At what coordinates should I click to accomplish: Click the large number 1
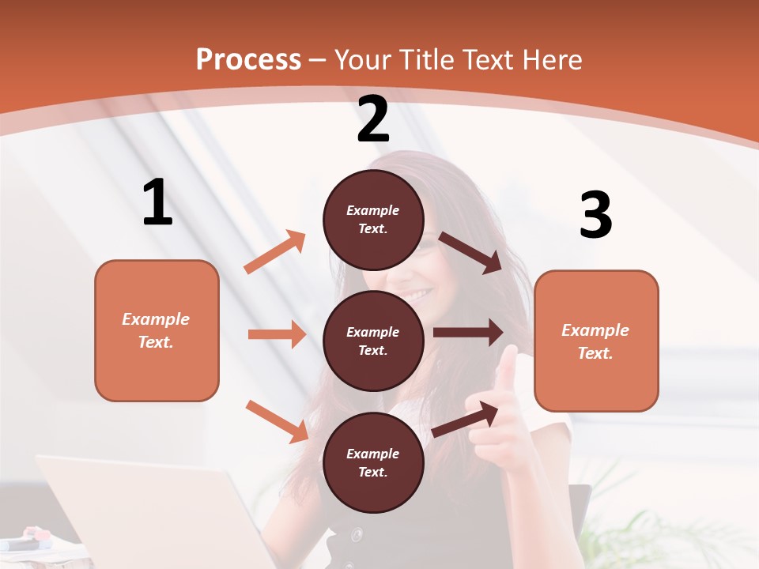click(x=158, y=203)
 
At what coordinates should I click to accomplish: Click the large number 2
click(x=373, y=119)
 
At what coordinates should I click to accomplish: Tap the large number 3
click(x=595, y=215)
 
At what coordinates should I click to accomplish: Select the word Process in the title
click(x=248, y=59)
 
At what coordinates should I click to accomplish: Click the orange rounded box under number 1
click(x=157, y=330)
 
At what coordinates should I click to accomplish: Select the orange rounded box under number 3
click(x=596, y=341)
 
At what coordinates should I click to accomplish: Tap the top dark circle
click(x=373, y=220)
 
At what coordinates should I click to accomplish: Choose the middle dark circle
click(x=373, y=341)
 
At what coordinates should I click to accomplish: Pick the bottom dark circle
click(x=373, y=462)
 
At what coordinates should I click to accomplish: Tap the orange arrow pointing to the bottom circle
click(x=276, y=420)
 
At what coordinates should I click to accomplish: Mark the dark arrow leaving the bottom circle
click(x=465, y=419)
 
